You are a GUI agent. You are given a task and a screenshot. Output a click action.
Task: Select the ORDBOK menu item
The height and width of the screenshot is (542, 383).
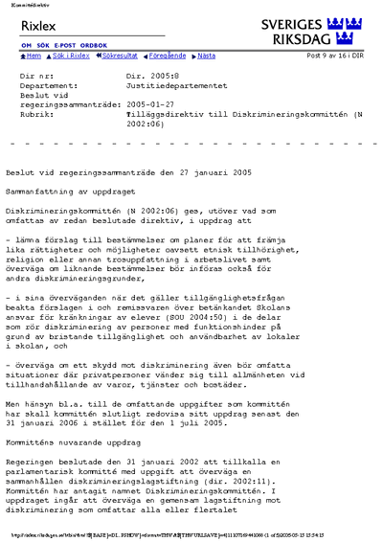pos(94,46)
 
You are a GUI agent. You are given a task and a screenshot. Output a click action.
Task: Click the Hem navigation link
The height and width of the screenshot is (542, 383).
pos(31,56)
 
